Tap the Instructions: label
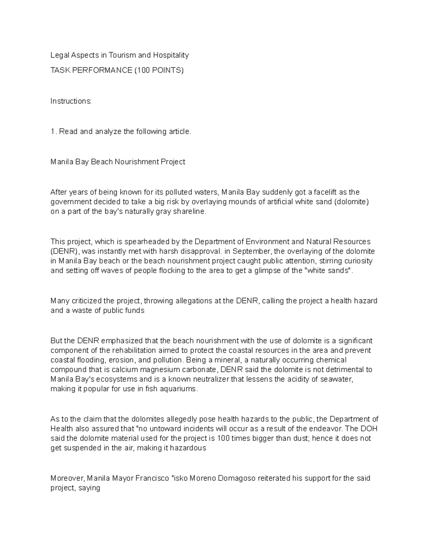click(71, 101)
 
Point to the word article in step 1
click(180, 131)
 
